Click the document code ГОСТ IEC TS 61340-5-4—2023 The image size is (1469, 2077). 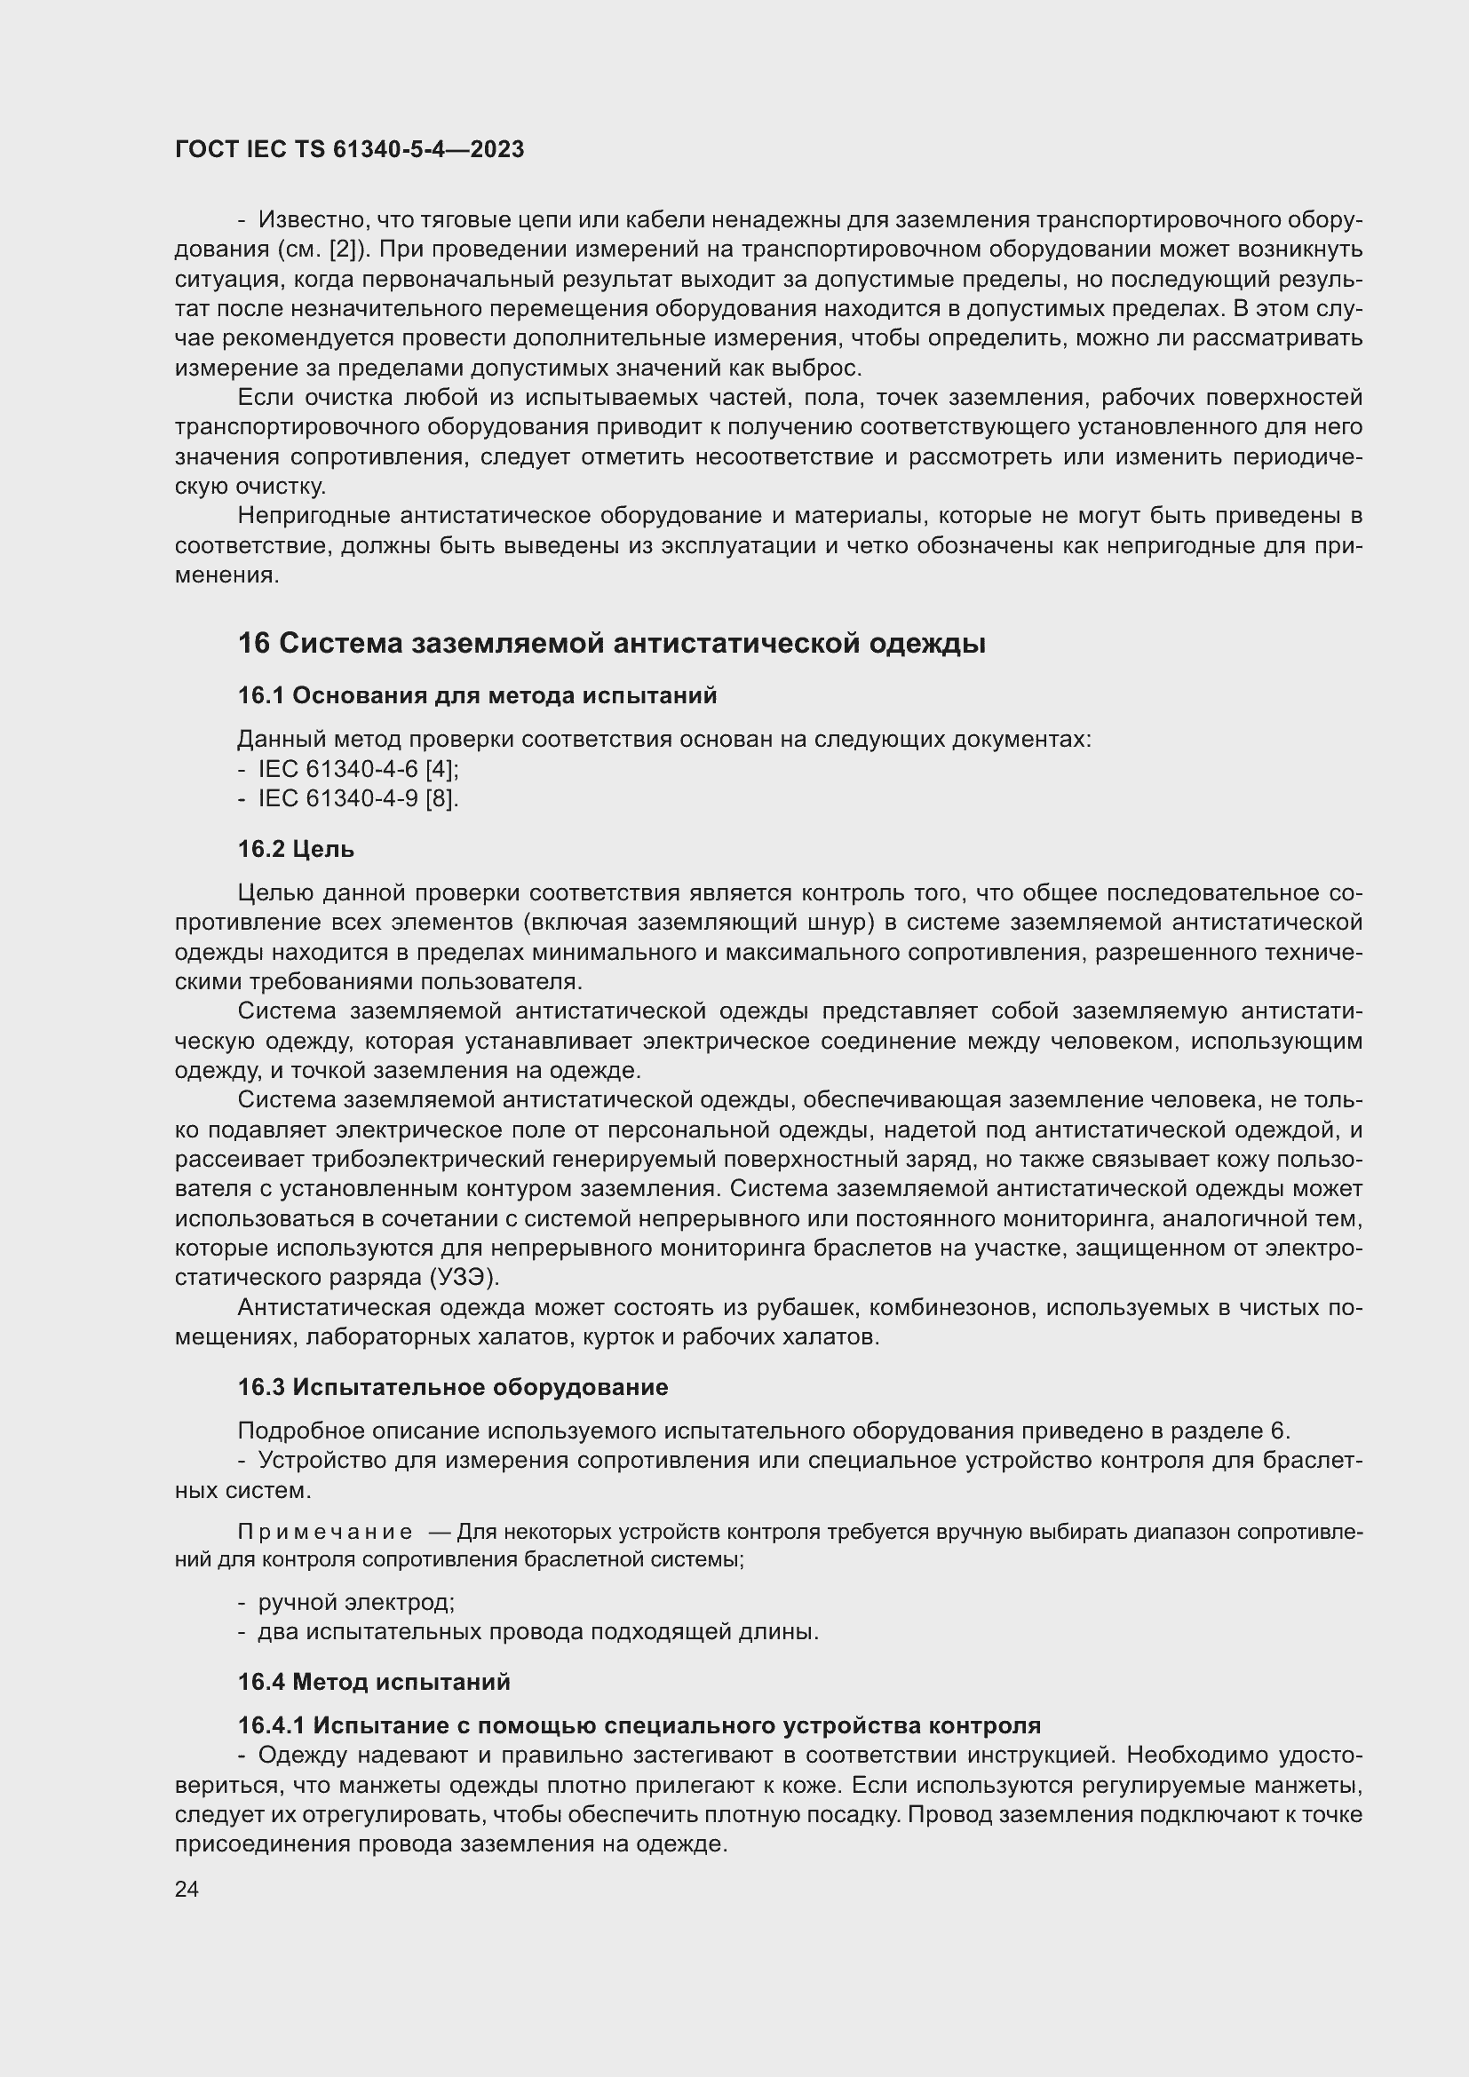click(349, 149)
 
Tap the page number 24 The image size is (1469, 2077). click(187, 1889)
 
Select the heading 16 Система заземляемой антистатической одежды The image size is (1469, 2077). click(611, 643)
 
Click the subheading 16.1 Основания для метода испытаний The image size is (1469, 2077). click(477, 694)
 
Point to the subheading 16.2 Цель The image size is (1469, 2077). click(296, 849)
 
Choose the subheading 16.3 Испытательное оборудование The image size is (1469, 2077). click(452, 1387)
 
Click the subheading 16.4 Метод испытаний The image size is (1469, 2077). click(374, 1682)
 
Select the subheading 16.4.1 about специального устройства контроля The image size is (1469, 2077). click(639, 1725)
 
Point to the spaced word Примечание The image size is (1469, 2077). click(325, 1532)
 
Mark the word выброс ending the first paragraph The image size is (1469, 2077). click(824, 369)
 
